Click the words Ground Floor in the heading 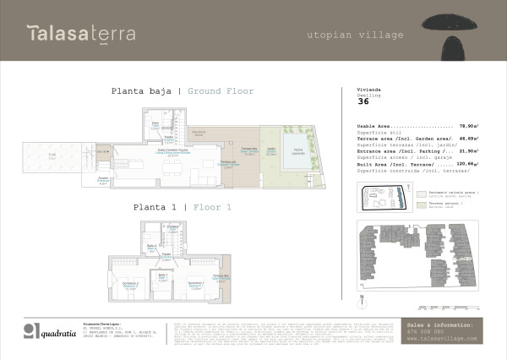click(221, 91)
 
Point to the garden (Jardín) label click(272, 152)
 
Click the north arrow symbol click(362, 297)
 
